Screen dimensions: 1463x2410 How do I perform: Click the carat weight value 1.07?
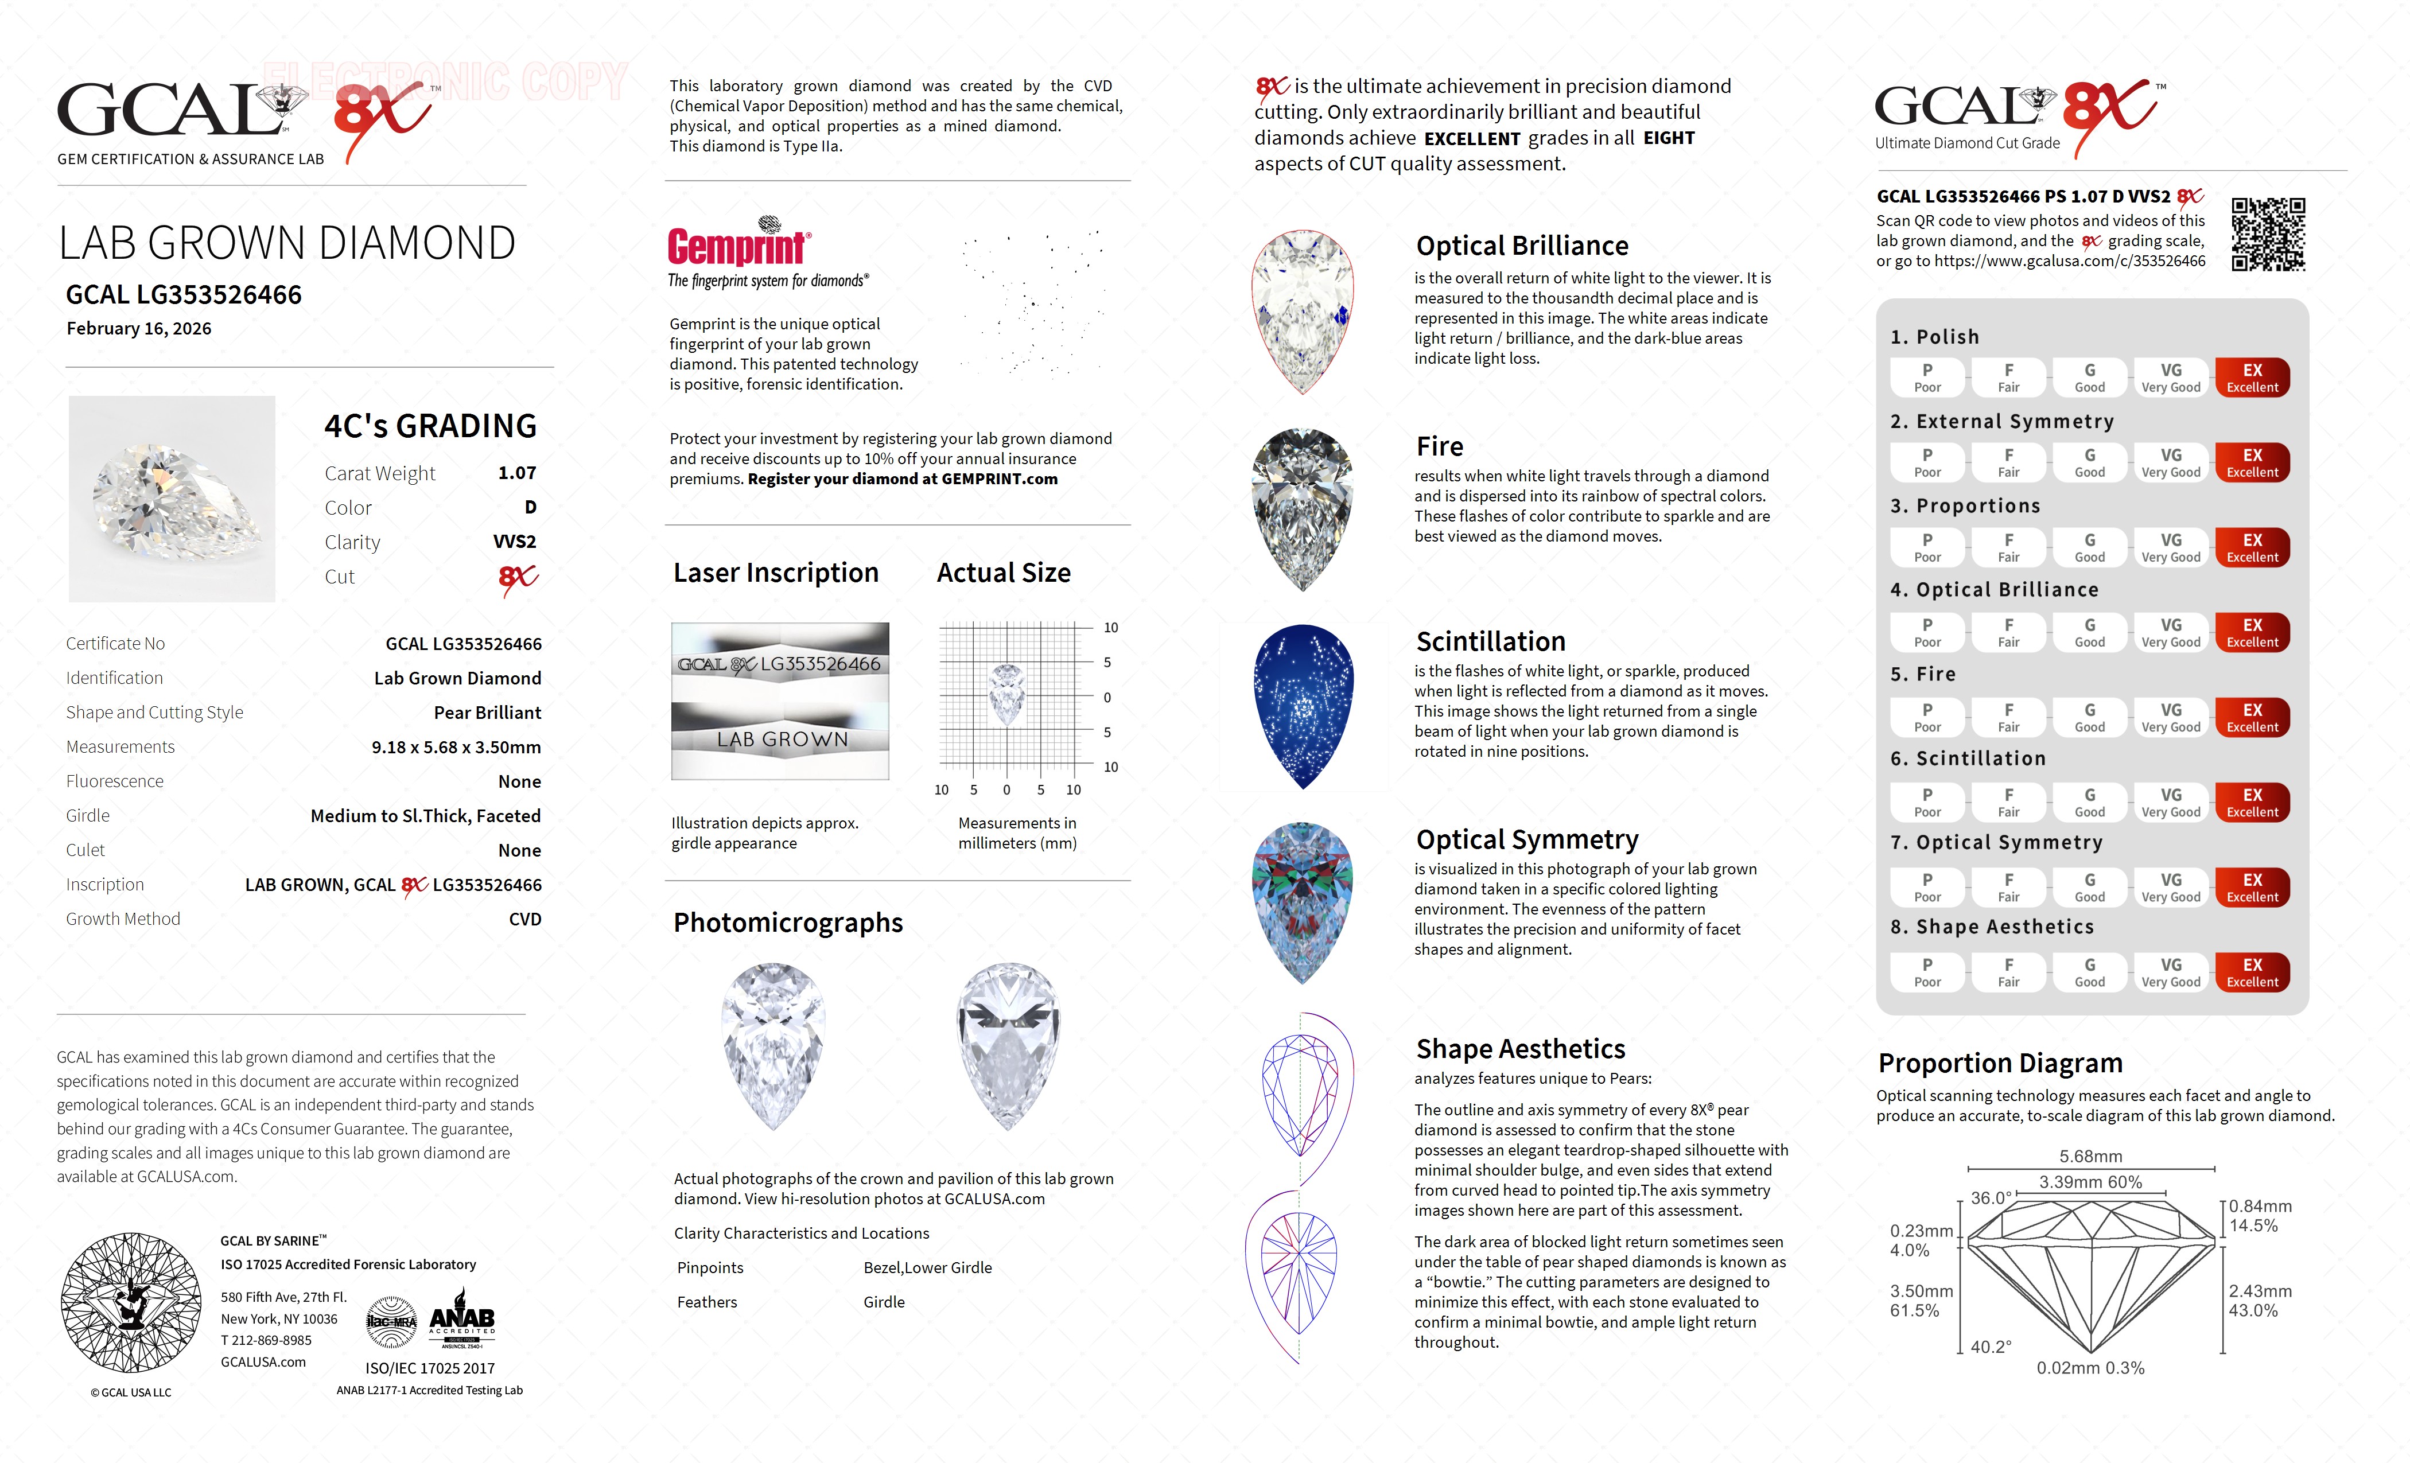(x=516, y=473)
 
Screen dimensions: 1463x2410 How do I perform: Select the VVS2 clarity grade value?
(x=515, y=542)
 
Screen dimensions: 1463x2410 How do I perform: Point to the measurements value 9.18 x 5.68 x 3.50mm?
(x=456, y=747)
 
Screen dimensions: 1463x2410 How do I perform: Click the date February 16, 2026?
(x=139, y=329)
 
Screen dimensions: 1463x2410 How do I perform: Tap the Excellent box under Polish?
(x=2252, y=378)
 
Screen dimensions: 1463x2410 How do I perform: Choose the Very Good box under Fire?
(x=2170, y=717)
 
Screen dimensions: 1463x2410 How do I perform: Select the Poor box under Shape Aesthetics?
(x=1927, y=972)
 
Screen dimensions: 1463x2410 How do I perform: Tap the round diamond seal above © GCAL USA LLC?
(x=131, y=1302)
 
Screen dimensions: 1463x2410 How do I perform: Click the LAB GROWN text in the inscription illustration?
(x=783, y=740)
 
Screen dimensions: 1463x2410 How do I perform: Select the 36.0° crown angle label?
(x=1991, y=1198)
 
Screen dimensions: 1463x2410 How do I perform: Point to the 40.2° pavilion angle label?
(x=1991, y=1347)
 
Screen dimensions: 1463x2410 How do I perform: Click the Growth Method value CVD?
(x=524, y=919)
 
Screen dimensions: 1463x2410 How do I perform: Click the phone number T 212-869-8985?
(x=266, y=1341)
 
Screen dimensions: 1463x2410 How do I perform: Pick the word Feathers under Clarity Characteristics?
(x=707, y=1302)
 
